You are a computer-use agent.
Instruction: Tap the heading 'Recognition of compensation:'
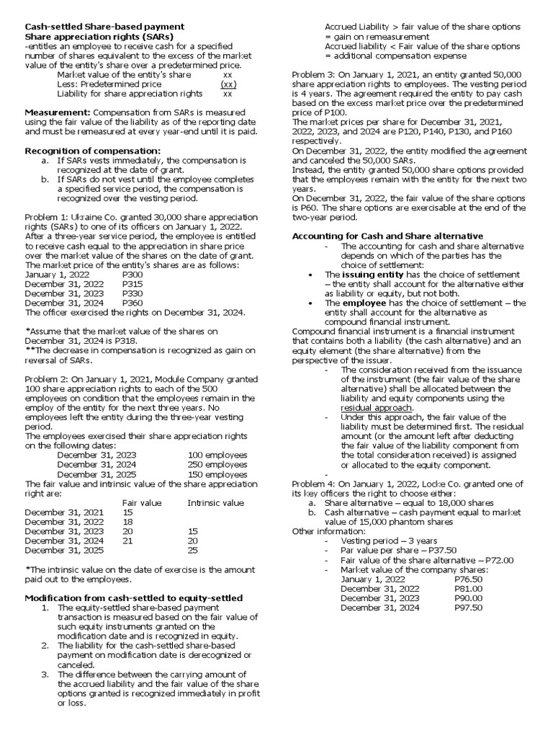point(93,150)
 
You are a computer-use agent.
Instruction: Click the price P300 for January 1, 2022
point(132,275)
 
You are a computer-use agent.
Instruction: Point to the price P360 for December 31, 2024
point(132,303)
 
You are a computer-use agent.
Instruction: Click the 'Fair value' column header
point(142,502)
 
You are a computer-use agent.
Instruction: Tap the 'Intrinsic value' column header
point(215,502)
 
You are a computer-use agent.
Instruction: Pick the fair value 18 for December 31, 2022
point(127,521)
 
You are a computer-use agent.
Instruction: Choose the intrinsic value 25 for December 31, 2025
point(192,549)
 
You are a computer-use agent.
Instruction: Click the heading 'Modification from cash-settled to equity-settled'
point(133,597)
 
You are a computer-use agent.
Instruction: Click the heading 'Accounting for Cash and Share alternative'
point(387,236)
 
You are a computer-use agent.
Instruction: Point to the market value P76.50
point(469,578)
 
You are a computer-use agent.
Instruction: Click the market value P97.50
point(469,607)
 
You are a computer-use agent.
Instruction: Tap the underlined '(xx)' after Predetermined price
point(229,84)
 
